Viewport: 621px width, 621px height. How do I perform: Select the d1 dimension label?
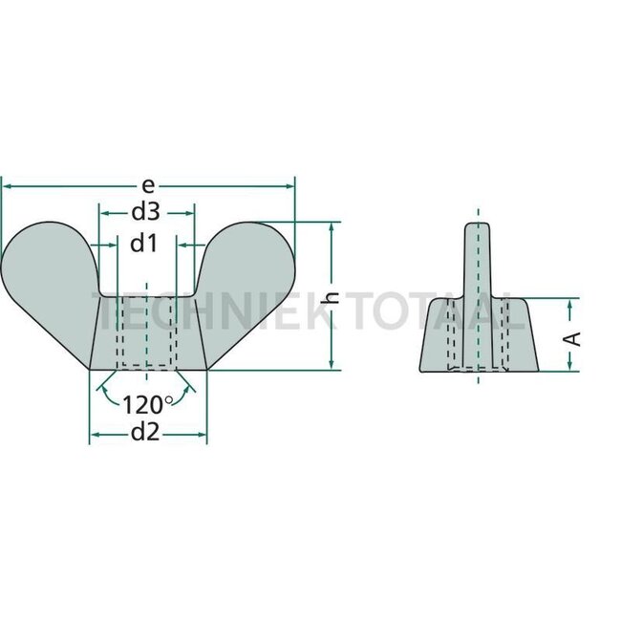coord(143,244)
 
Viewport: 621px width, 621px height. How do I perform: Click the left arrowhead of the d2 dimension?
coord(94,435)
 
